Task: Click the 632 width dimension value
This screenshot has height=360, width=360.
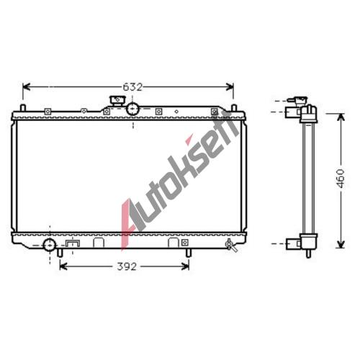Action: click(132, 87)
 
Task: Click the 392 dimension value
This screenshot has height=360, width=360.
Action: click(127, 266)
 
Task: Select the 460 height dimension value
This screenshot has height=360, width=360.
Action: click(341, 179)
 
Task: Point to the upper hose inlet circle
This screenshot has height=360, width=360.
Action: click(132, 109)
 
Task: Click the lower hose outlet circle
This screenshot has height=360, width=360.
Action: click(50, 246)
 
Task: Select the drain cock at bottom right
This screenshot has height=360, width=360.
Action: click(231, 245)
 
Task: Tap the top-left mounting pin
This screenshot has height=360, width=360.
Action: click(22, 108)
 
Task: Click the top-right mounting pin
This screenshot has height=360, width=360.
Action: click(234, 108)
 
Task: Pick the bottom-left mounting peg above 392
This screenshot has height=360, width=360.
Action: click(60, 253)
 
